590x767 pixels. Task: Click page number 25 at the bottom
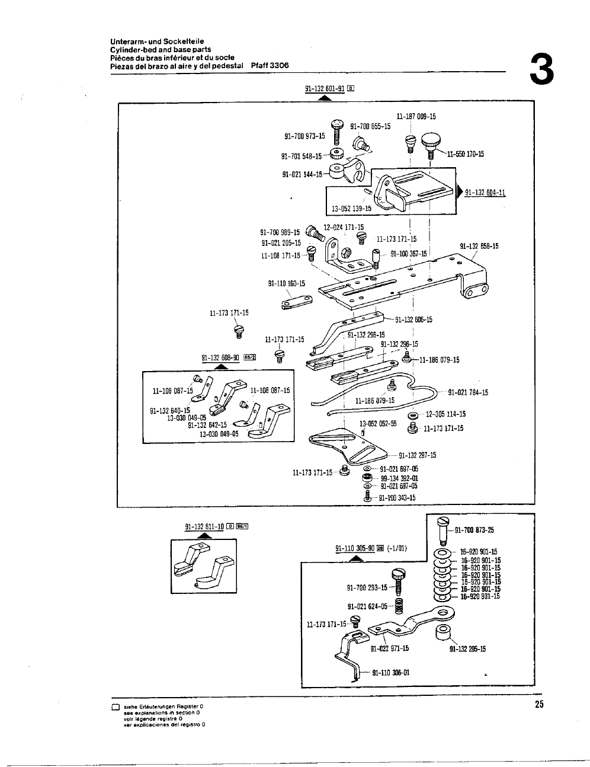click(538, 705)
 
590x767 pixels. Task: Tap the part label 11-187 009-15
click(416, 117)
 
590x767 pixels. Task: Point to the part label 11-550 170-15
click(466, 154)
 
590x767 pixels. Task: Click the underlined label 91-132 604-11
click(485, 192)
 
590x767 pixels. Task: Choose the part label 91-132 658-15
click(479, 246)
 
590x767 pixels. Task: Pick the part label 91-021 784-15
click(468, 392)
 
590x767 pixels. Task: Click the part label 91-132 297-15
click(417, 455)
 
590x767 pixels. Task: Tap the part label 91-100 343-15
click(397, 498)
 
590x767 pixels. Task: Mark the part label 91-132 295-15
click(467, 648)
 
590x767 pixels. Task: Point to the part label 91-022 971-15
click(389, 648)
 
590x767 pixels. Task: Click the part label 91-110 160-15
click(287, 283)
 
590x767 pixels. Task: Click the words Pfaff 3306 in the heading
click(270, 66)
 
